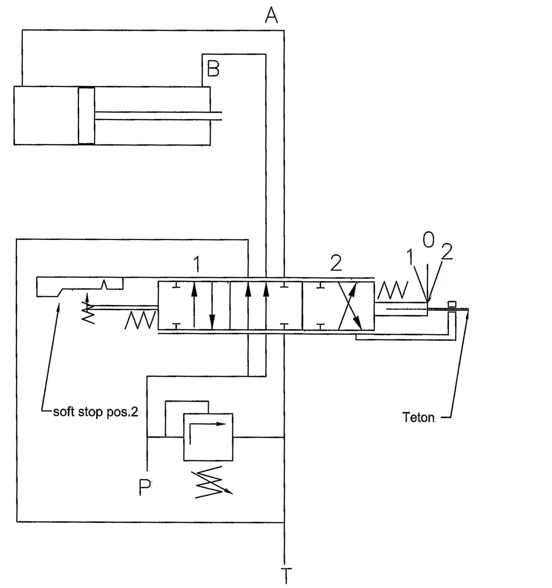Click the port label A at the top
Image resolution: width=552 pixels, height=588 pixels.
point(272,15)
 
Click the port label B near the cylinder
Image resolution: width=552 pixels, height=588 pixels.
point(213,69)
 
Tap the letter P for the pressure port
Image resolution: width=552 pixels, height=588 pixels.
point(145,487)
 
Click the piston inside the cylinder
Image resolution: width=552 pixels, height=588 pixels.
point(86,116)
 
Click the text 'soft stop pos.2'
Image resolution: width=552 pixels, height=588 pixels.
point(96,412)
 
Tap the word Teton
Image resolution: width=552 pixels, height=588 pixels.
point(419,417)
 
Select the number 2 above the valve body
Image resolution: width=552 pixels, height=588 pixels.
point(336,263)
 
